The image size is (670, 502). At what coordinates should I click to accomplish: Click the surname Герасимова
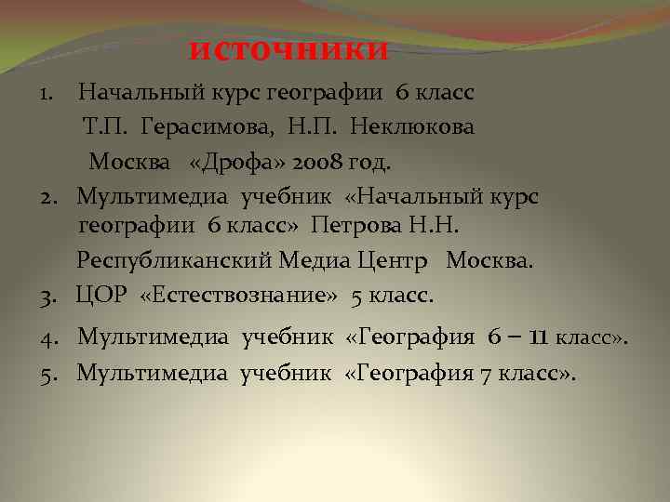204,127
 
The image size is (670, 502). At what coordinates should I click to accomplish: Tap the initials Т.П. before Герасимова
104,127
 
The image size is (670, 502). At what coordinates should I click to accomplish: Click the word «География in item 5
407,374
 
